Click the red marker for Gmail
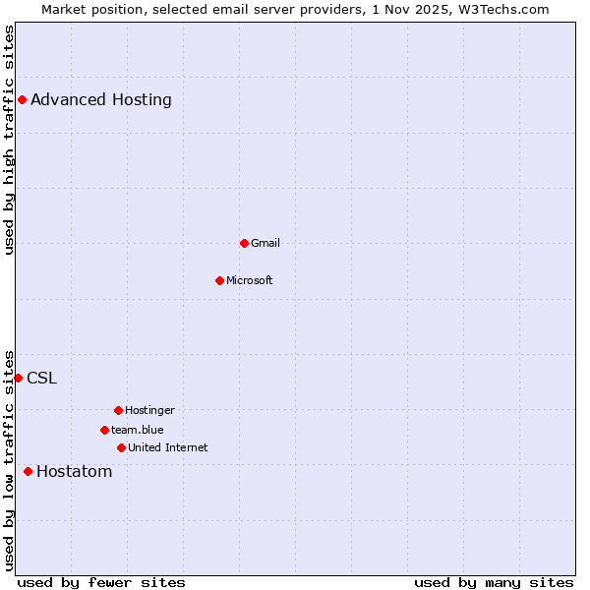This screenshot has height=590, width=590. (244, 243)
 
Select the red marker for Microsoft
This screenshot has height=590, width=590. (219, 280)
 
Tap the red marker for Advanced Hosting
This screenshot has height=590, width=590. (22, 99)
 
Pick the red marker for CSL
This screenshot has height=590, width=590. (18, 378)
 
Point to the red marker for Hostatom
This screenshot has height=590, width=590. (28, 471)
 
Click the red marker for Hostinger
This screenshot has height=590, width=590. (118, 410)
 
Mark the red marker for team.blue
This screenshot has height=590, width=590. (104, 430)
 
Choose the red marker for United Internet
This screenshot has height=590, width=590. (121, 447)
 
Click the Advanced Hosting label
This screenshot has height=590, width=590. (101, 99)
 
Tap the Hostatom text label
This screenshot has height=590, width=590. (75, 471)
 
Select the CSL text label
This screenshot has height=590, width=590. (42, 378)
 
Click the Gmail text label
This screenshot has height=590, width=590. (265, 243)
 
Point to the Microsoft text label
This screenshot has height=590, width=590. (250, 280)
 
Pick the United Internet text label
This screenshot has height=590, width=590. (168, 447)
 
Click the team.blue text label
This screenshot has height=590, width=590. (138, 430)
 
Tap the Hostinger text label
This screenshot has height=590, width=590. (150, 410)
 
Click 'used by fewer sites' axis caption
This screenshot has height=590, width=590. (101, 582)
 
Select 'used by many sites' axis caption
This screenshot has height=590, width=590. (494, 582)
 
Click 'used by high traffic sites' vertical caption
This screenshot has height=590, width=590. (9, 140)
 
